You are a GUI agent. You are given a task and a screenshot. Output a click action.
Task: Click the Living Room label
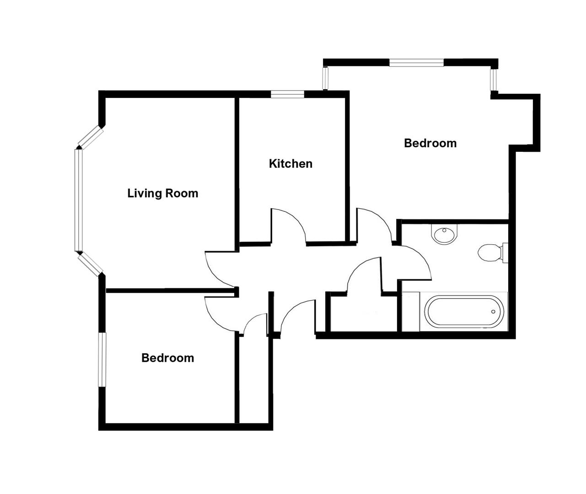[x=163, y=193]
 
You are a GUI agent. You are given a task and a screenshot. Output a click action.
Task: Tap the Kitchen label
[x=290, y=164]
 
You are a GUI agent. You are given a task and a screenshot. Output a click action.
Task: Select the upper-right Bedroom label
[x=430, y=143]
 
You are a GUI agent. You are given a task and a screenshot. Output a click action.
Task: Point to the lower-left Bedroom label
[x=167, y=358]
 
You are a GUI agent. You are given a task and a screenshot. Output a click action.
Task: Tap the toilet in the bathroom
[x=490, y=252]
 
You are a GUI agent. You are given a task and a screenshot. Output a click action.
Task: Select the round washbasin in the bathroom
[x=444, y=235]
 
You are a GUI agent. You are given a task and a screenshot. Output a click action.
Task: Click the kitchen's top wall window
[x=287, y=94]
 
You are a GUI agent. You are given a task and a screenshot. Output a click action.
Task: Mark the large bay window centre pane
[x=78, y=200]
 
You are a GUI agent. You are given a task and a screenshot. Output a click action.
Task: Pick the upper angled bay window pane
[x=91, y=137]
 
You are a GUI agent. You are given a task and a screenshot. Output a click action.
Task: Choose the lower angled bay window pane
[x=90, y=264]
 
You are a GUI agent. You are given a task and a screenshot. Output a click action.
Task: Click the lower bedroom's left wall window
[x=102, y=360]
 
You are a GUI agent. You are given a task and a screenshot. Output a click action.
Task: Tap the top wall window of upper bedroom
[x=416, y=63]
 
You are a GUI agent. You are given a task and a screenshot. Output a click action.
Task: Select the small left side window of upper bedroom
[x=325, y=79]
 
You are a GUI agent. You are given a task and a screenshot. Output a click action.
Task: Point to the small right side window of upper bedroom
[x=494, y=80]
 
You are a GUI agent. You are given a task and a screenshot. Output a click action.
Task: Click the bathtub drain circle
[x=493, y=312]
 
